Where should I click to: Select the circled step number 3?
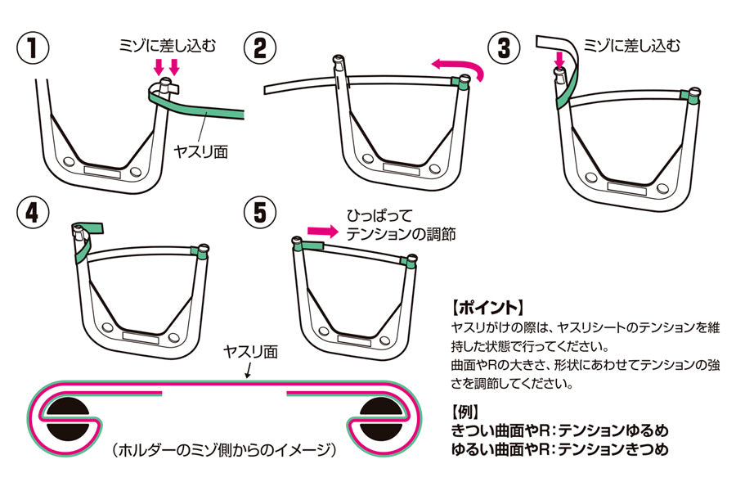505,47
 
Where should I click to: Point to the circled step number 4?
32,212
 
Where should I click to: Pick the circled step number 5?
260,212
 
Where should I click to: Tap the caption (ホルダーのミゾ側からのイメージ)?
224,448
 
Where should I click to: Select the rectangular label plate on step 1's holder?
102,172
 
